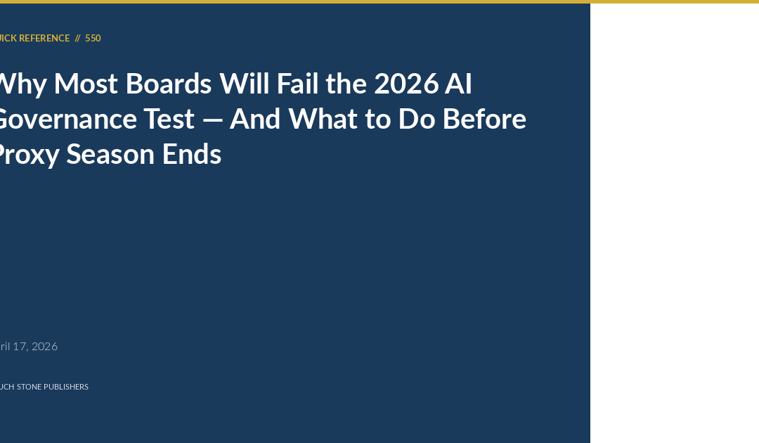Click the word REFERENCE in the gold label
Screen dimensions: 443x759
tap(44, 39)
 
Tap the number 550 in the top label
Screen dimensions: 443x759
tap(93, 39)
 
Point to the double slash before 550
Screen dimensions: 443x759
tap(77, 39)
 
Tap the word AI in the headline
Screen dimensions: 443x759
tap(458, 84)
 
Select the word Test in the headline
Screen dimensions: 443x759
tap(169, 120)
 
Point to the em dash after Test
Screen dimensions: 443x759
tap(212, 120)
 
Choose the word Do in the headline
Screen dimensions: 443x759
tap(415, 120)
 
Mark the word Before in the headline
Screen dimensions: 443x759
tap(484, 120)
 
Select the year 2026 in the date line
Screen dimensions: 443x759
tap(44, 347)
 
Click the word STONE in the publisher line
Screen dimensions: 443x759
tap(29, 387)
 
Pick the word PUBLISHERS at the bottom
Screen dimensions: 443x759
tap(66, 387)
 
